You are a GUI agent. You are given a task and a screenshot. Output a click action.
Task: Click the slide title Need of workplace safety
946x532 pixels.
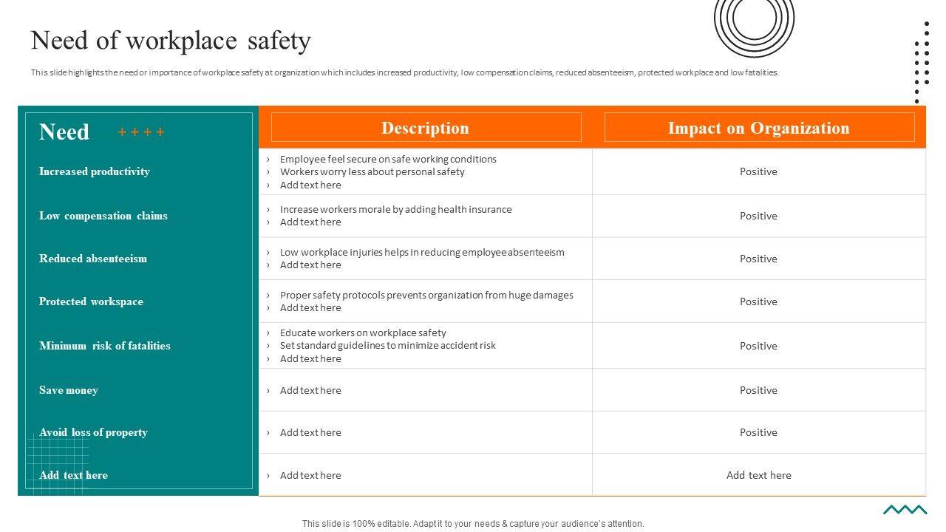point(171,41)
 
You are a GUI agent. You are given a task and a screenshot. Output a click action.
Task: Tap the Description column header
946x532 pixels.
point(426,128)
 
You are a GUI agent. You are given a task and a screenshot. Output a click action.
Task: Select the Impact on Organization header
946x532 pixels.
point(759,128)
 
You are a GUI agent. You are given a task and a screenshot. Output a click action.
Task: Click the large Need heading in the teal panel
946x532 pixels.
point(64,132)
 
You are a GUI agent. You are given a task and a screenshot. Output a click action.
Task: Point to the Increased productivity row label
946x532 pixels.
point(95,171)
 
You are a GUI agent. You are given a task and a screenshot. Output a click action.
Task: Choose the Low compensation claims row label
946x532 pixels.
point(103,216)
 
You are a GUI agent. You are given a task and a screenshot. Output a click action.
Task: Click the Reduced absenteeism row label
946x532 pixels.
point(93,259)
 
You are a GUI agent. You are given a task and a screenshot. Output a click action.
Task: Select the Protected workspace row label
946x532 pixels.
point(91,301)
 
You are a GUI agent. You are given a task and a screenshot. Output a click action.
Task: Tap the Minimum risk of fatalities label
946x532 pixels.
point(105,346)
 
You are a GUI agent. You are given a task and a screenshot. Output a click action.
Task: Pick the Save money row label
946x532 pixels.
point(69,390)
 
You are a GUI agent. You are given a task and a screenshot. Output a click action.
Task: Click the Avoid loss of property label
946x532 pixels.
point(93,432)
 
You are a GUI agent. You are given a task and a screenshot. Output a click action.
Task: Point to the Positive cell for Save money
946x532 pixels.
point(758,390)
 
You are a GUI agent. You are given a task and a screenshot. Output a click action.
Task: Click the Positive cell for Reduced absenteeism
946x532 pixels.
point(758,259)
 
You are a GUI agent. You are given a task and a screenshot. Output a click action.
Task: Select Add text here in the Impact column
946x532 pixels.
point(758,475)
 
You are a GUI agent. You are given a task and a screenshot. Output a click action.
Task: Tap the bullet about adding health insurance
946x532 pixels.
point(395,209)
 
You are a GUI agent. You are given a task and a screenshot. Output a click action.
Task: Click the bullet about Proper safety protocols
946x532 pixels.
point(426,295)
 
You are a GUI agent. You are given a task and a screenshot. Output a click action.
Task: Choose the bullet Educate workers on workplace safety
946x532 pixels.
point(363,332)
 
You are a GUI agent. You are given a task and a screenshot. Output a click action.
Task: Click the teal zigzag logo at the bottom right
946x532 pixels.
point(905,509)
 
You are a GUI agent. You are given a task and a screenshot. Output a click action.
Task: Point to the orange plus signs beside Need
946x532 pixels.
point(141,132)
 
